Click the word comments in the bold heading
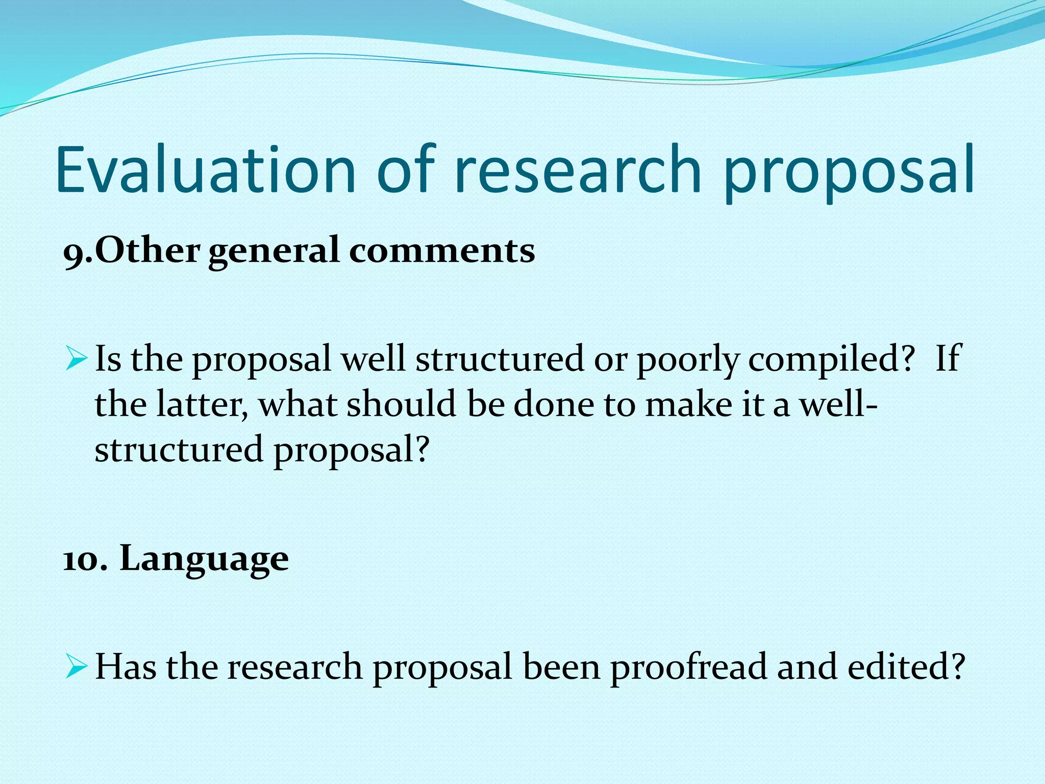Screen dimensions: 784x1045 (442, 251)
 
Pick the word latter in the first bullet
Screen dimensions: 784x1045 (201, 404)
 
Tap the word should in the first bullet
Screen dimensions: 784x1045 (401, 404)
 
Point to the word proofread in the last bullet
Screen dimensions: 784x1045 (689, 667)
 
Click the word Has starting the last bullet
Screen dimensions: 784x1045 (126, 667)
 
